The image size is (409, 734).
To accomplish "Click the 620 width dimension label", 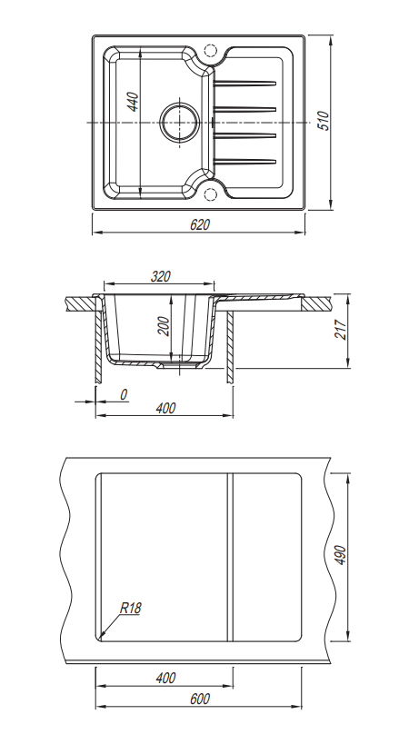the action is click(200, 224).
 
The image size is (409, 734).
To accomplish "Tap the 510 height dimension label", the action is click(324, 121).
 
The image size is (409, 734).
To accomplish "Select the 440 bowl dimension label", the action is click(134, 102).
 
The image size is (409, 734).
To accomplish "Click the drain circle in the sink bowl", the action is click(180, 122).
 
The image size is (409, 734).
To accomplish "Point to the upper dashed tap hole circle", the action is click(210, 50).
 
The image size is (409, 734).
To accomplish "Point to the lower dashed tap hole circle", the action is click(210, 193).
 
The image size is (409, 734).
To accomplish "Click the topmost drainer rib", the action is click(244, 84).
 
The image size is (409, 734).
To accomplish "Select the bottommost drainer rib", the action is click(244, 162).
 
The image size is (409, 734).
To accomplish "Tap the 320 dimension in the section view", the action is click(160, 277).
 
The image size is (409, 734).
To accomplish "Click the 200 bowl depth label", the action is click(164, 326).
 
